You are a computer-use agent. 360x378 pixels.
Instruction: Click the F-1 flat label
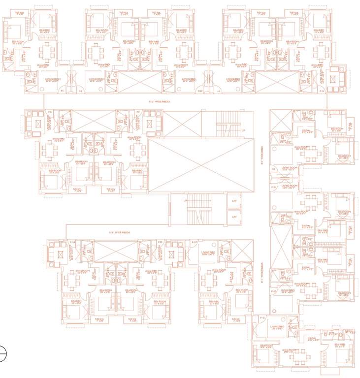click(x=62, y=92)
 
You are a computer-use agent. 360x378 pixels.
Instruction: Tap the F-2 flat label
click(x=81, y=92)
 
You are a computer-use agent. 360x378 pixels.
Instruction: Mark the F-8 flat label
click(x=273, y=170)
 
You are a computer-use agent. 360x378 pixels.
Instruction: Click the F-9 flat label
click(x=273, y=188)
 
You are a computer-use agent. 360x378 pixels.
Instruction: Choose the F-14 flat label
click(x=72, y=242)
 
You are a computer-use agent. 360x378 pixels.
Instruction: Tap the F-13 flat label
click(x=160, y=242)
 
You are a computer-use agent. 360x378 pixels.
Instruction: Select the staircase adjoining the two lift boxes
click(x=199, y=209)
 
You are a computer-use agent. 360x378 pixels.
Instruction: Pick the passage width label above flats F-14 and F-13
click(x=118, y=232)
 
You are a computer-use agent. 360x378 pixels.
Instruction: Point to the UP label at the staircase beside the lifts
click(x=185, y=201)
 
